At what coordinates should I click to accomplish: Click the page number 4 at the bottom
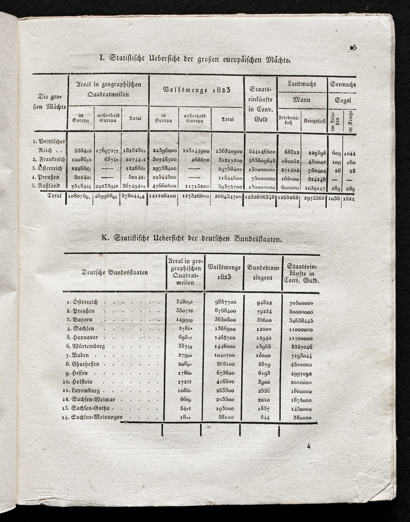(x=309, y=446)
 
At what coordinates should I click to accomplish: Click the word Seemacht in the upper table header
(x=343, y=85)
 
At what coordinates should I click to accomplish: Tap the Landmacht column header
(x=302, y=84)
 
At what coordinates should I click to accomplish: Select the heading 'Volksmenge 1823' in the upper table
(x=196, y=90)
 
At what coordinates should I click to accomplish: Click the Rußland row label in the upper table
(x=48, y=186)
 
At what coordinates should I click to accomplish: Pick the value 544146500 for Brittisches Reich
(x=262, y=152)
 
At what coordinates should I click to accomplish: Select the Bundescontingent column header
(x=263, y=273)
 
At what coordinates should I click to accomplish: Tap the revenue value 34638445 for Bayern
(x=301, y=321)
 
